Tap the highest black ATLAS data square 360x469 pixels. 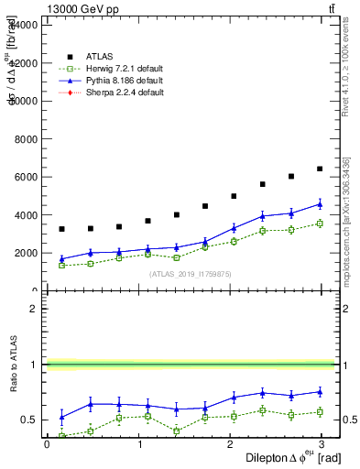320,169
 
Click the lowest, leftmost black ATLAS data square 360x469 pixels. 61,229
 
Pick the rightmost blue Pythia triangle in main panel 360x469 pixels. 320,204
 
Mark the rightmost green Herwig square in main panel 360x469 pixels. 320,224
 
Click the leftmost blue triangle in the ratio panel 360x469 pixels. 61,417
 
